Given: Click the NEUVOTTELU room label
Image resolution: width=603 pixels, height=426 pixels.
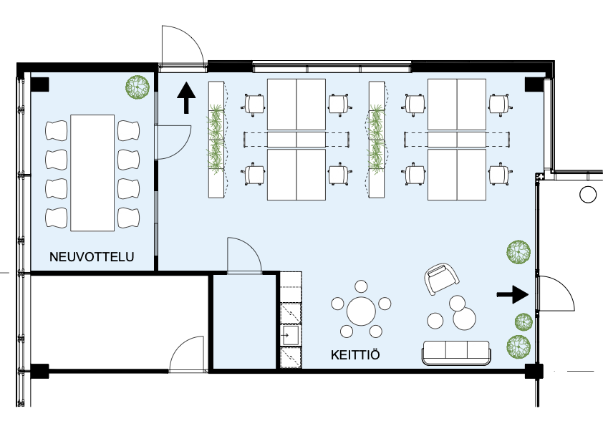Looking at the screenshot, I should [91, 256].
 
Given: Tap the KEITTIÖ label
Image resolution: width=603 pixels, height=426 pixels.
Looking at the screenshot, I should [354, 355].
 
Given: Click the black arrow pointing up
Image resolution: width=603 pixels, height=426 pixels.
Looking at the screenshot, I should [186, 97].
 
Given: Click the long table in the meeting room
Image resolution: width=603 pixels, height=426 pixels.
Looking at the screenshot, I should [93, 172].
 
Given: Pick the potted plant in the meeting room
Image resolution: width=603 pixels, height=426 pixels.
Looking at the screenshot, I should [138, 87].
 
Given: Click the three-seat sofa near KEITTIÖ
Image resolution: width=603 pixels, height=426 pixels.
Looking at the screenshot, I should [456, 352].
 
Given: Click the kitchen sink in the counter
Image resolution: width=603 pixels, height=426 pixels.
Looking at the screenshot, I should [291, 334].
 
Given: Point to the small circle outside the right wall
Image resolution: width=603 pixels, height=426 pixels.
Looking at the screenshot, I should [588, 193].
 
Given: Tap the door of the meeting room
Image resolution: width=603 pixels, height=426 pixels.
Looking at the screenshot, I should [173, 142].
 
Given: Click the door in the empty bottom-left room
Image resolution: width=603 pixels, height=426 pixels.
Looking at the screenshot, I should [188, 355].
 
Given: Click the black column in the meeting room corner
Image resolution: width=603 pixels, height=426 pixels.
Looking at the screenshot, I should [39, 84].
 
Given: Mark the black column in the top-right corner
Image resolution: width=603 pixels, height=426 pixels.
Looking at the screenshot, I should [534, 84].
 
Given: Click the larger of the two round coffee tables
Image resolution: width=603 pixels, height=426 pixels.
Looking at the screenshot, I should [465, 319].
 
